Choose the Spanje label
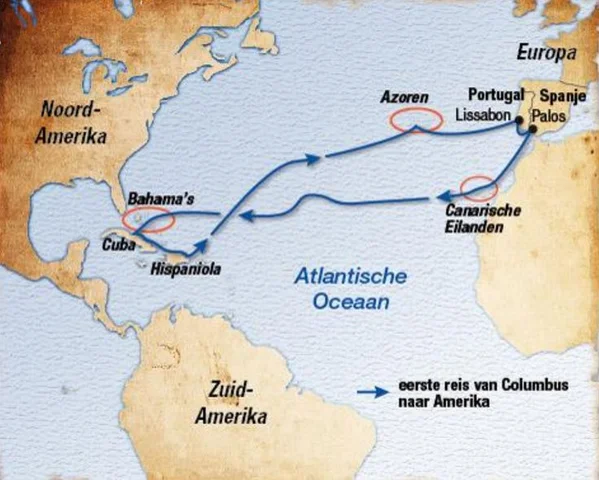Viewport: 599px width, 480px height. click(x=560, y=98)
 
